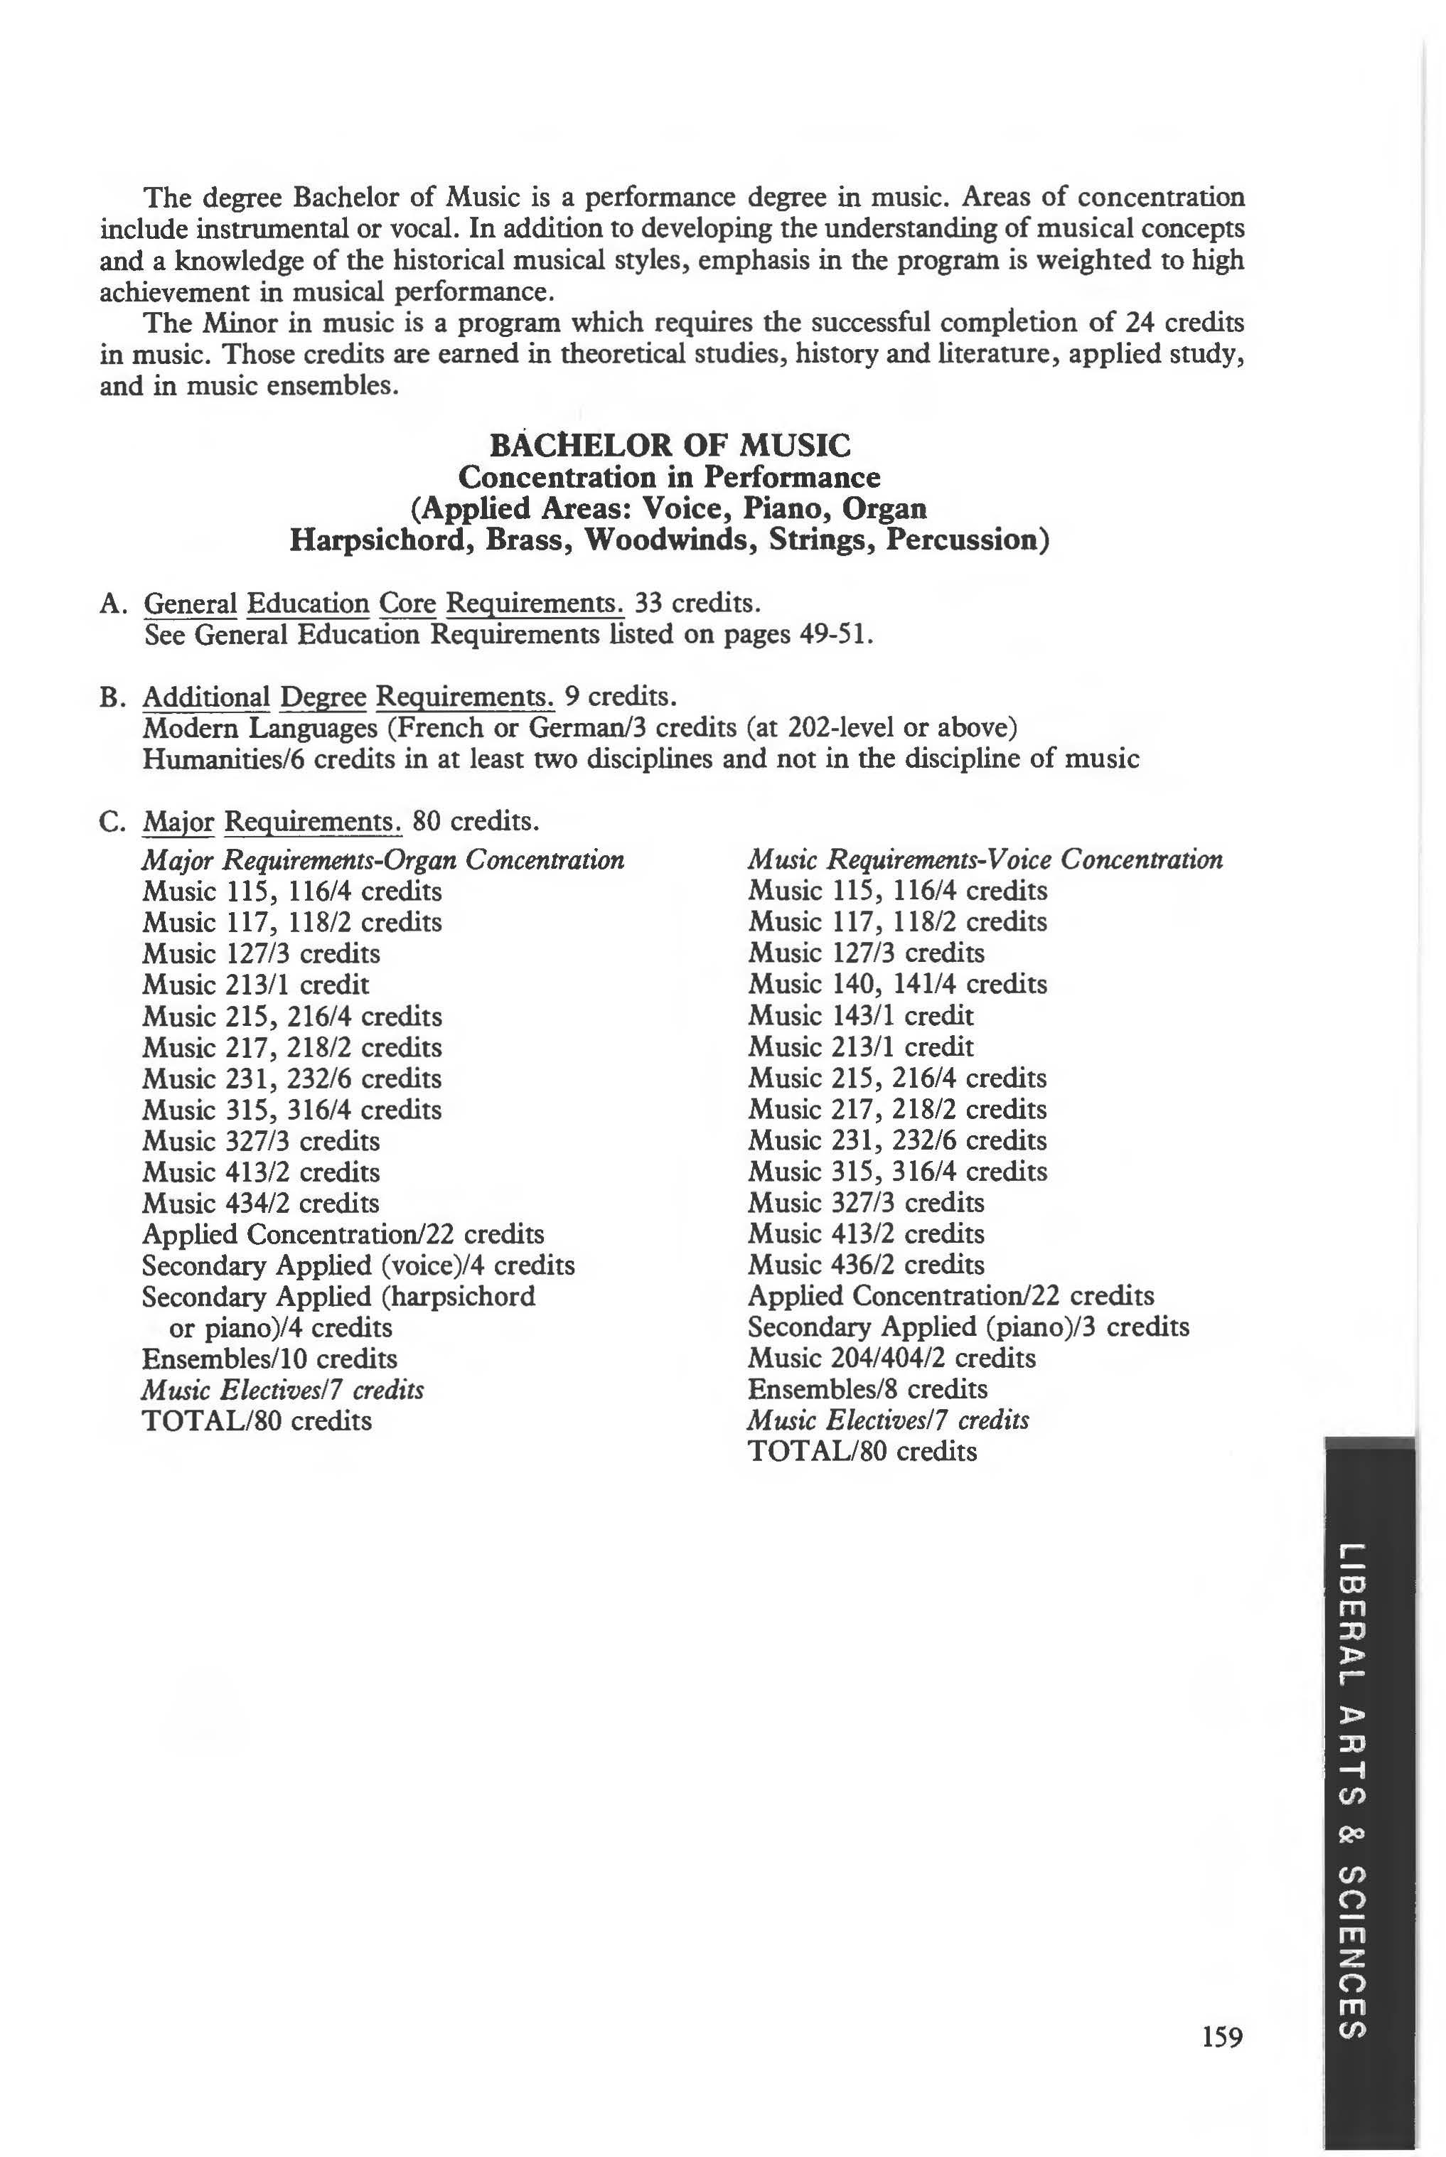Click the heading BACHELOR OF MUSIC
click(670, 446)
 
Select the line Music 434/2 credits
click(261, 1204)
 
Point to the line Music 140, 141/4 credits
click(897, 984)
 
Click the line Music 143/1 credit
click(860, 1015)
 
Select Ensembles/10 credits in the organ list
click(269, 1359)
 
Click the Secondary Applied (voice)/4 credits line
click(358, 1265)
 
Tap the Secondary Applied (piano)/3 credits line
click(968, 1327)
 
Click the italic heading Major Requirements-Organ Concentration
click(382, 860)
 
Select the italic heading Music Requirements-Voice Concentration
click(985, 860)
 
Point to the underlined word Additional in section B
click(205, 697)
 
